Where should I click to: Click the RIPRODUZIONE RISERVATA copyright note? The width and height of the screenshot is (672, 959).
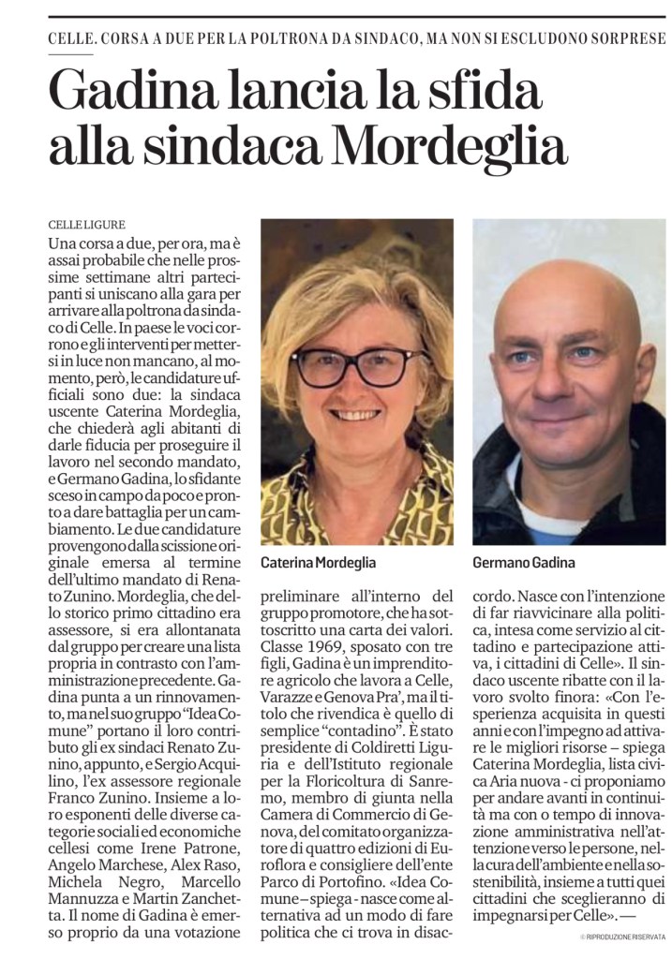622,937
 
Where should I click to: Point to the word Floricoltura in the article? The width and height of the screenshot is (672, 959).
350,782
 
